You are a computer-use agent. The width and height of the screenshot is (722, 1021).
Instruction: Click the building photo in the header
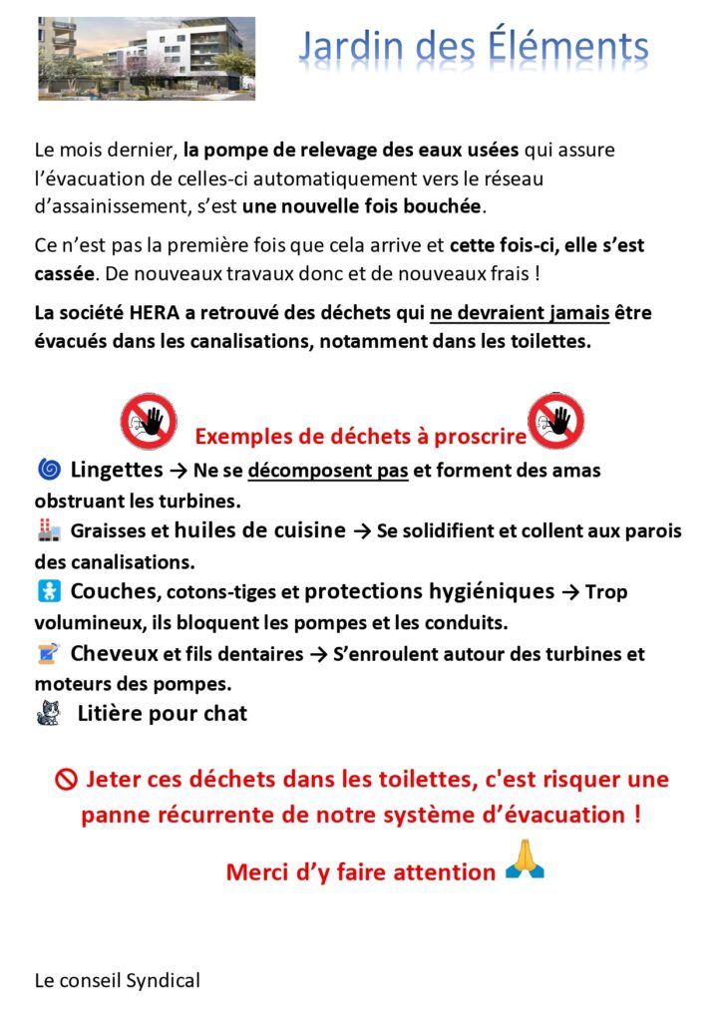pyautogui.click(x=147, y=58)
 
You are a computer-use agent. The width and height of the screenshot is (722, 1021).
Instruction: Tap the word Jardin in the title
pyautogui.click(x=347, y=47)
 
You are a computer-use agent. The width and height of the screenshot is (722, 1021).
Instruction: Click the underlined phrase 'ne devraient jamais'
pyautogui.click(x=520, y=314)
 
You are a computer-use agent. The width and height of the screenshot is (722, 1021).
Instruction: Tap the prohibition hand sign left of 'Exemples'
pyautogui.click(x=149, y=421)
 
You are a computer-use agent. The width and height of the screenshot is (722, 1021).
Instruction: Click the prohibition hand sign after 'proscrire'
pyautogui.click(x=555, y=421)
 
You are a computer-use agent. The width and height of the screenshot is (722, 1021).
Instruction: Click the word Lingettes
pyautogui.click(x=116, y=469)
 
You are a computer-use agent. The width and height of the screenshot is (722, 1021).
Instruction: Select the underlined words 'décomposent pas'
pyautogui.click(x=328, y=471)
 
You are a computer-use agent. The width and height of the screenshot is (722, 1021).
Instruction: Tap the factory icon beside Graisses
pyautogui.click(x=48, y=530)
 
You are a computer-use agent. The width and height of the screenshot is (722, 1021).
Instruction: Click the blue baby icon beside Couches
pyautogui.click(x=48, y=591)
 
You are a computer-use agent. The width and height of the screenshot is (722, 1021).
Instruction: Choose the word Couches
pyautogui.click(x=114, y=591)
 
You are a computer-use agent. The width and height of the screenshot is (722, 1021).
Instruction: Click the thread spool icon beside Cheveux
pyautogui.click(x=48, y=653)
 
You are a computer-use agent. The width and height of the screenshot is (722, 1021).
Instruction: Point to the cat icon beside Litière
pyautogui.click(x=48, y=713)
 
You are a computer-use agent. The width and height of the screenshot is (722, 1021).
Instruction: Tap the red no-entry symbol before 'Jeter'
pyautogui.click(x=66, y=780)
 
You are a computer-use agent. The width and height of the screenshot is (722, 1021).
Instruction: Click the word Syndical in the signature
pyautogui.click(x=163, y=980)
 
